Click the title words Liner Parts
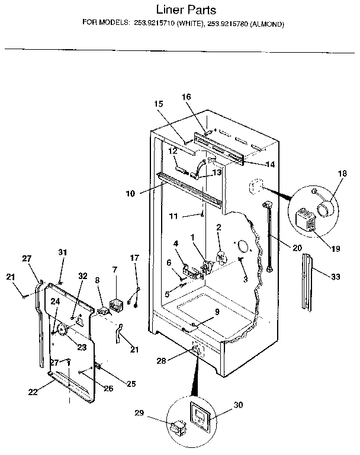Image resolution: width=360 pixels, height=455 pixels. point(185,10)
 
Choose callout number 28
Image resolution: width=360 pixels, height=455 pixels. point(178,360)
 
